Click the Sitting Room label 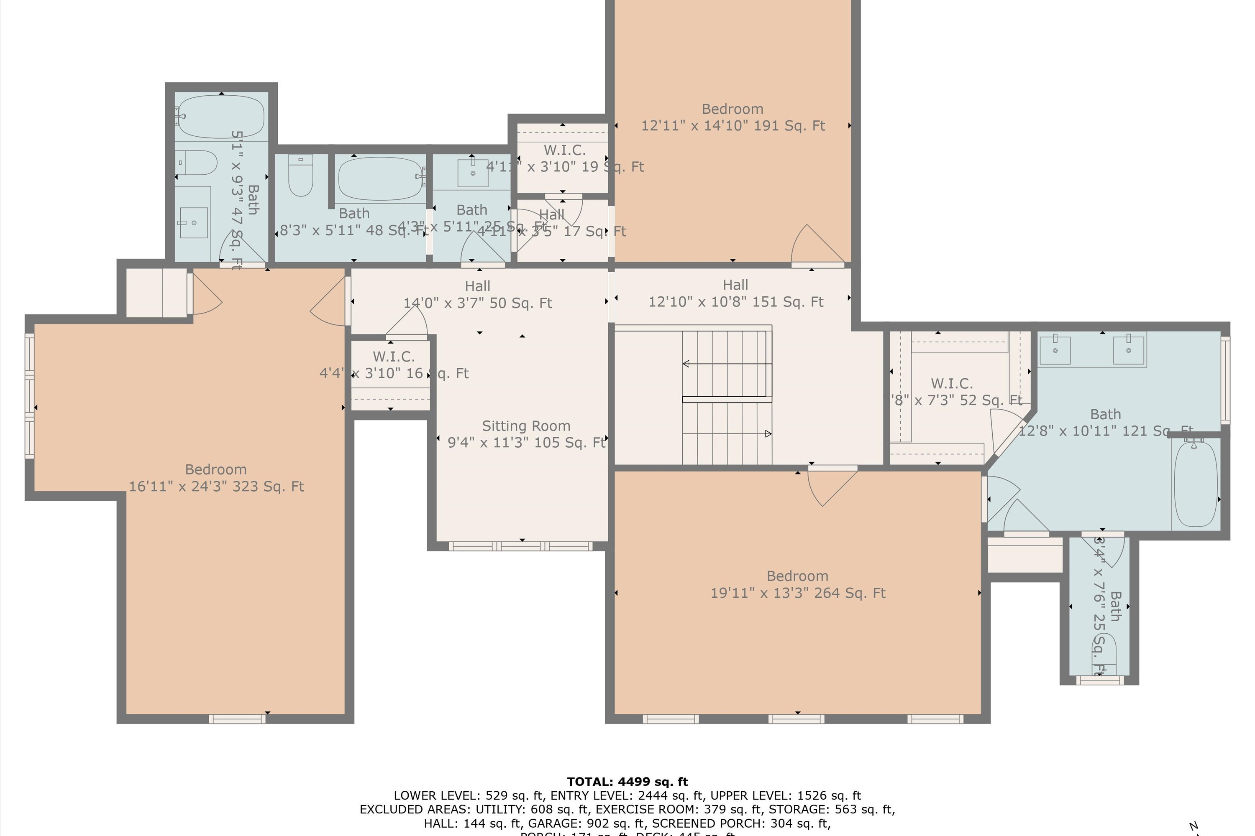pyautogui.click(x=525, y=426)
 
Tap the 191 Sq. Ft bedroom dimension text pyautogui.click(x=733, y=126)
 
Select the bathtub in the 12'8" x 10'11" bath pyautogui.click(x=1195, y=484)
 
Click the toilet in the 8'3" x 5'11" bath pyautogui.click(x=300, y=176)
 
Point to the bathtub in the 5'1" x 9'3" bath pyautogui.click(x=221, y=116)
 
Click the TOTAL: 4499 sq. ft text pyautogui.click(x=627, y=782)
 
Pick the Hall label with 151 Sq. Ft pyautogui.click(x=735, y=285)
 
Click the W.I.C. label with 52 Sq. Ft pyautogui.click(x=951, y=383)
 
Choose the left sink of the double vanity pyautogui.click(x=1055, y=350)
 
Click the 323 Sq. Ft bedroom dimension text pyautogui.click(x=216, y=486)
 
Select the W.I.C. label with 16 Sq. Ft pyautogui.click(x=393, y=357)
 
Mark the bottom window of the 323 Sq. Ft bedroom pyautogui.click(x=237, y=719)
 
